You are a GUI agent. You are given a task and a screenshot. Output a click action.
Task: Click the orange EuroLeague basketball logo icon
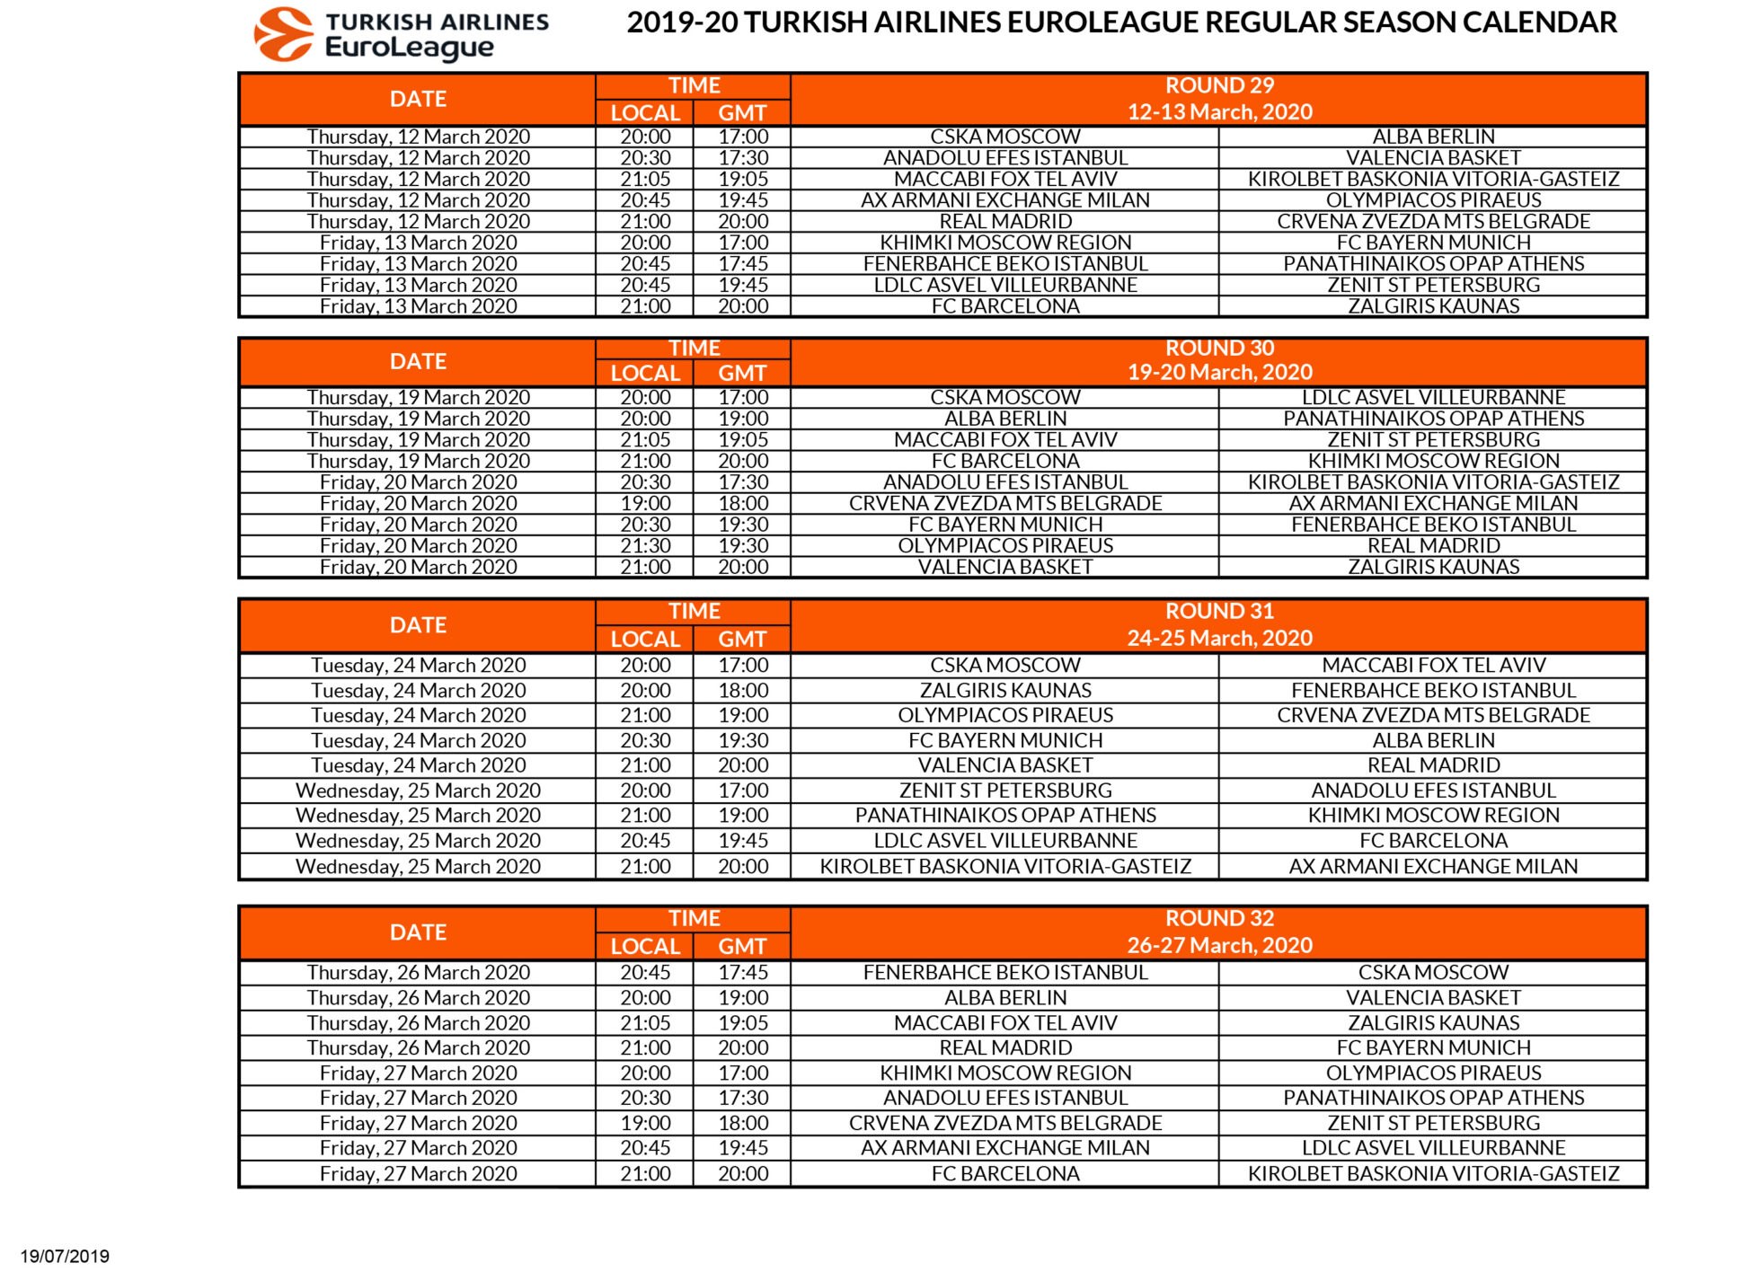pos(283,34)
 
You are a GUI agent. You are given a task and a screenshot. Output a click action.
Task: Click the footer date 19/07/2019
pos(65,1256)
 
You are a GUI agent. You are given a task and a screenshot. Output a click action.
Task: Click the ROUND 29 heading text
pos(1219,86)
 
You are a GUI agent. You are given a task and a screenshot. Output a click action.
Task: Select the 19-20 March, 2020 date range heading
pos(1219,373)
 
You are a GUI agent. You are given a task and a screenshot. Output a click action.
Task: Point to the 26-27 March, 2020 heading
pos(1219,945)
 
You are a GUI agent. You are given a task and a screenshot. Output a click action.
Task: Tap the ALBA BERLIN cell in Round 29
pos(1433,137)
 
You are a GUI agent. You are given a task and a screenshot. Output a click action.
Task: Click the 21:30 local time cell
pos(645,546)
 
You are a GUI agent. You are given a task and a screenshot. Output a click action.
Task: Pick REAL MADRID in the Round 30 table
pos(1433,546)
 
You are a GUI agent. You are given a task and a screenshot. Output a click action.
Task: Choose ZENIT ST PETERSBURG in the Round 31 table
pos(1005,791)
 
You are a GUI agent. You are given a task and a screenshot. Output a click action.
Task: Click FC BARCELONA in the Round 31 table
pos(1433,841)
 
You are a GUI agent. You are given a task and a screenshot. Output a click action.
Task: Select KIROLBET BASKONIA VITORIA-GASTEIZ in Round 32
pos(1433,1174)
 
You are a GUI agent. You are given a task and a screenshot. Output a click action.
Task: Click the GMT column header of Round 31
pos(742,640)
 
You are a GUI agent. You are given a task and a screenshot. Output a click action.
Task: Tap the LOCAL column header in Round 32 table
pos(645,947)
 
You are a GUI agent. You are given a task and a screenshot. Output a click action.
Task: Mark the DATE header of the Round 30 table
pos(418,361)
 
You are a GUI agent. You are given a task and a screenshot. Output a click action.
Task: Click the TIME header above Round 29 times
pos(694,86)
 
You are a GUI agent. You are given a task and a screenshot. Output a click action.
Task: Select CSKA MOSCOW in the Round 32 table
pos(1433,973)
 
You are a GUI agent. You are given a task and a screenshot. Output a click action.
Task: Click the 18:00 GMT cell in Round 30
pos(743,504)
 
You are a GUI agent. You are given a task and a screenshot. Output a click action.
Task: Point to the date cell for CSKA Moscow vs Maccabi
pos(418,666)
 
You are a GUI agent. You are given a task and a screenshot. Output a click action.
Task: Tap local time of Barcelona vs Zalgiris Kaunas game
pos(645,306)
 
